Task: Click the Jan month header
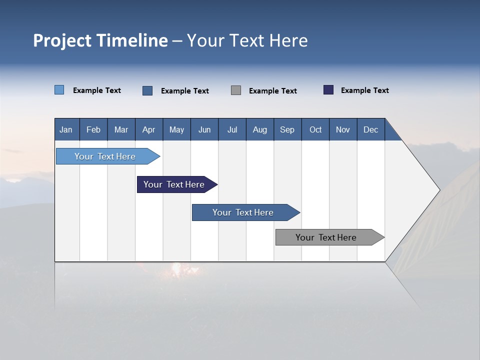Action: pyautogui.click(x=66, y=129)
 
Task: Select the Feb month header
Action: pyautogui.click(x=93, y=129)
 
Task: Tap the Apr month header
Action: pyautogui.click(x=148, y=129)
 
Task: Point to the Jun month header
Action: pyautogui.click(x=204, y=129)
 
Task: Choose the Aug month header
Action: pyautogui.click(x=259, y=129)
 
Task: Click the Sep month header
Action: pyautogui.click(x=287, y=129)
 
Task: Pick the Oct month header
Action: pyautogui.click(x=315, y=129)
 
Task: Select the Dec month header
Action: pyautogui.click(x=370, y=129)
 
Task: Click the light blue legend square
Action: pyautogui.click(x=59, y=90)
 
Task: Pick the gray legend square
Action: pyautogui.click(x=236, y=90)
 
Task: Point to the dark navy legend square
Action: pyautogui.click(x=328, y=90)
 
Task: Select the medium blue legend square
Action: pyautogui.click(x=147, y=90)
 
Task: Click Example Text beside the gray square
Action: pyautogui.click(x=272, y=91)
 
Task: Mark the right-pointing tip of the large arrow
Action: pyautogui.click(x=438, y=190)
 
